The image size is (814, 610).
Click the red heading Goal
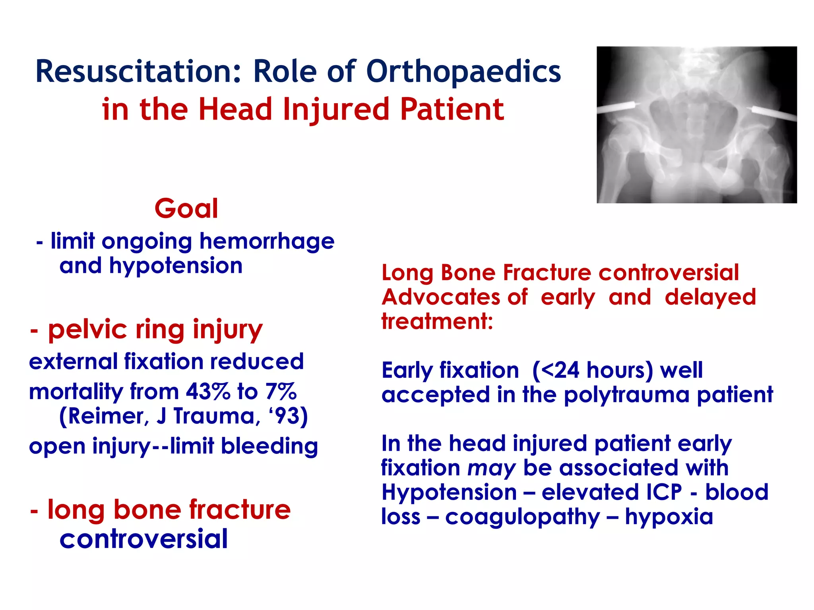coord(186,208)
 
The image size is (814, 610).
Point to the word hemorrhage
coord(267,242)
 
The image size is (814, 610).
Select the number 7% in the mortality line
coord(281,392)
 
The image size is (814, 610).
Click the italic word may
coord(491,468)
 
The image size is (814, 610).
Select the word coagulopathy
coord(522,517)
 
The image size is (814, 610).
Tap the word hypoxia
coord(669,517)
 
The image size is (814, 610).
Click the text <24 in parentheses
coord(560,370)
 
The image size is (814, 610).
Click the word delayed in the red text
coord(710,297)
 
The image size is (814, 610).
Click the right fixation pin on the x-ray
coord(773,114)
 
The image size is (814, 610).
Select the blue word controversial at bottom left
coord(143,539)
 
